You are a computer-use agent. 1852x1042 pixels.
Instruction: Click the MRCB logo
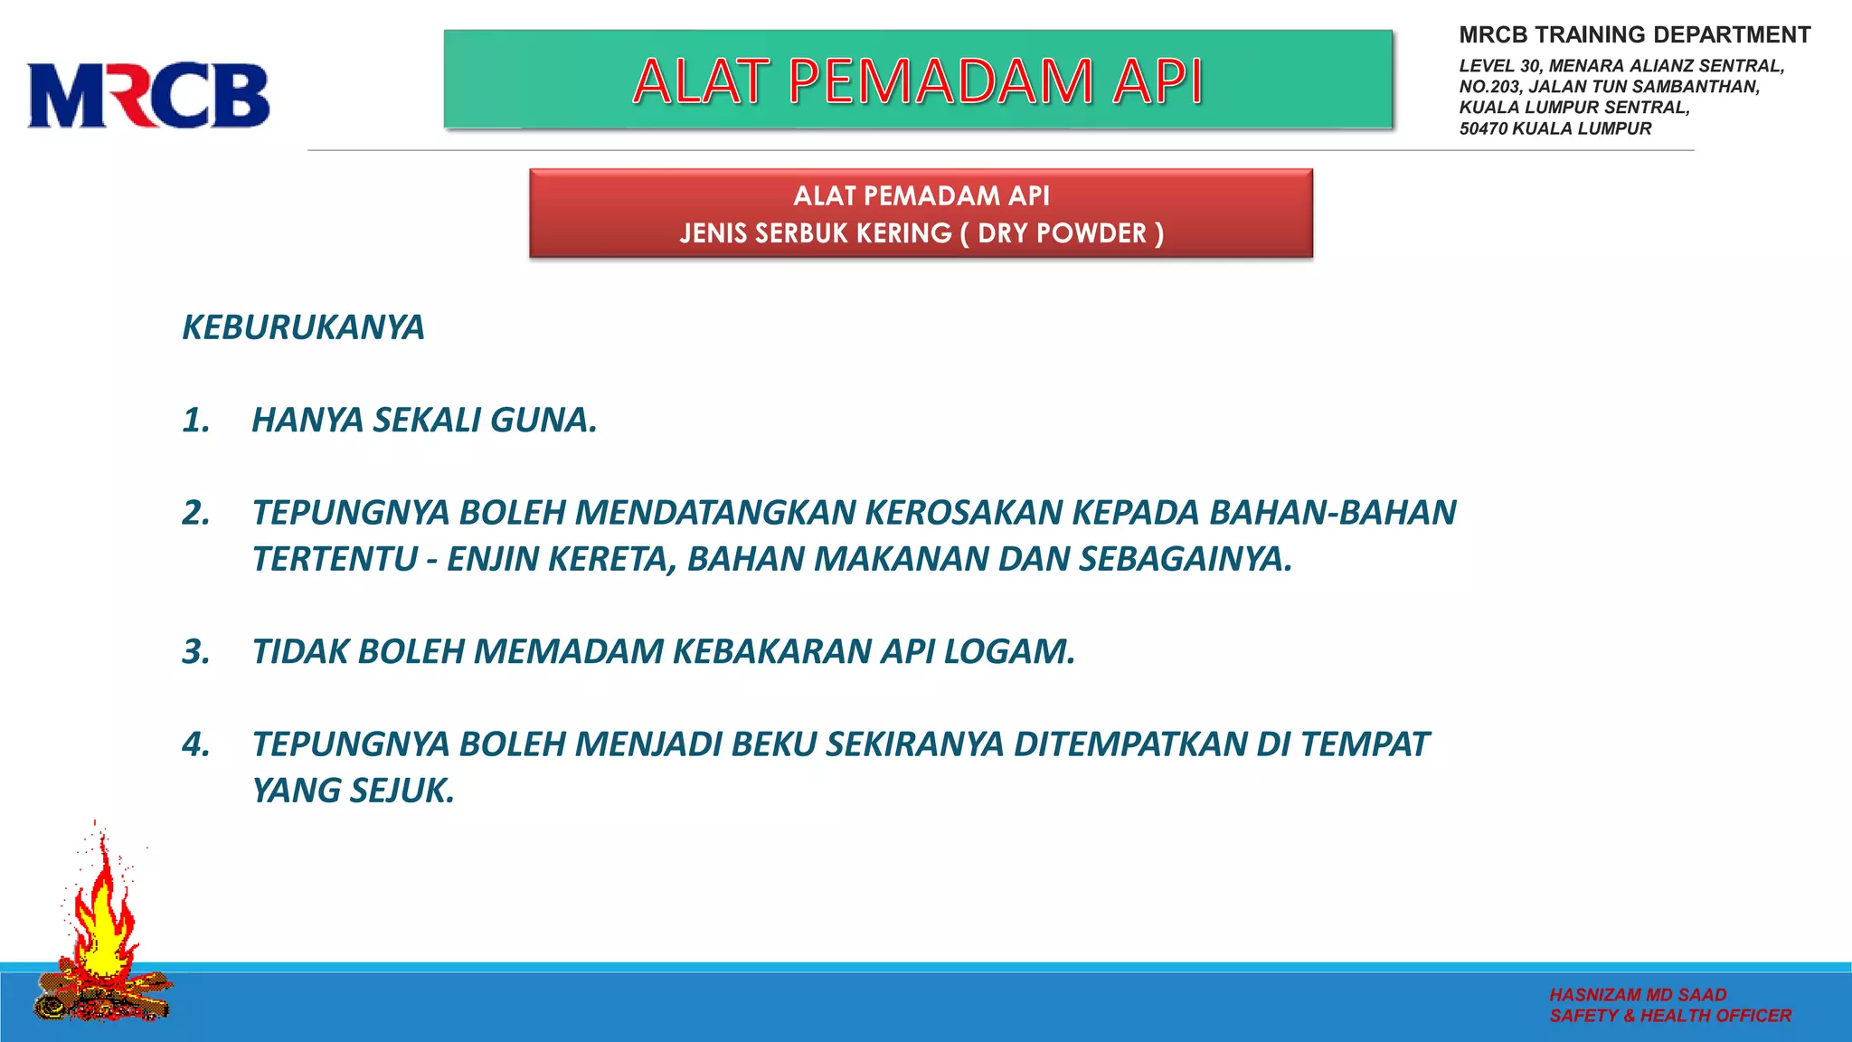(148, 95)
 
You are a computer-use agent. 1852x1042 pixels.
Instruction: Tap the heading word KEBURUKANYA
(303, 327)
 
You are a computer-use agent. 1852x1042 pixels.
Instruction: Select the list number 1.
(195, 421)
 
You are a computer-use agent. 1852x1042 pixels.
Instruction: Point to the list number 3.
(195, 652)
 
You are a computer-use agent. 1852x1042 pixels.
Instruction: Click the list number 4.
(195, 744)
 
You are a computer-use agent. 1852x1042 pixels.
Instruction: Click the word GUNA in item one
(543, 421)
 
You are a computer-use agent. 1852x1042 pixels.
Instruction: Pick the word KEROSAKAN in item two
(964, 513)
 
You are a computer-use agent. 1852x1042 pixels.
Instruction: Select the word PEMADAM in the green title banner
(940, 81)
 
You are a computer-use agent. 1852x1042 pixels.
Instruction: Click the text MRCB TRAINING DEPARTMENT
(1634, 35)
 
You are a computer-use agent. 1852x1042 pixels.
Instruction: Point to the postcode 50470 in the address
(1483, 128)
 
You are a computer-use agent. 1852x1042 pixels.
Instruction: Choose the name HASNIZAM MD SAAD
(1638, 995)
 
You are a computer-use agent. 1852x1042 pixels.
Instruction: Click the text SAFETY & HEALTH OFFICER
(1669, 1016)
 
